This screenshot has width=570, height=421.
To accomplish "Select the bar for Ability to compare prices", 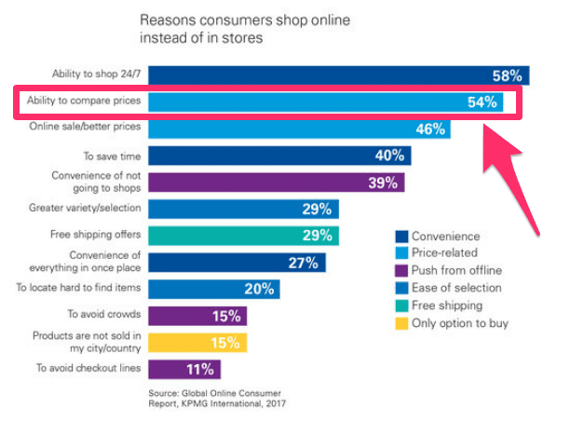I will point(326,102).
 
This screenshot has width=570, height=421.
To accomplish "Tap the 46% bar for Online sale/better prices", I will point(298,129).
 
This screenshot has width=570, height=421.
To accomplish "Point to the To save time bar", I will point(279,156).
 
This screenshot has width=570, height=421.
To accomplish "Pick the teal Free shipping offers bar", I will point(243,236).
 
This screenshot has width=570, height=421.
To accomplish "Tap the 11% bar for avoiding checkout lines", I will point(182,369).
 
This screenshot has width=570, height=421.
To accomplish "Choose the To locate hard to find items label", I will point(79,289).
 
